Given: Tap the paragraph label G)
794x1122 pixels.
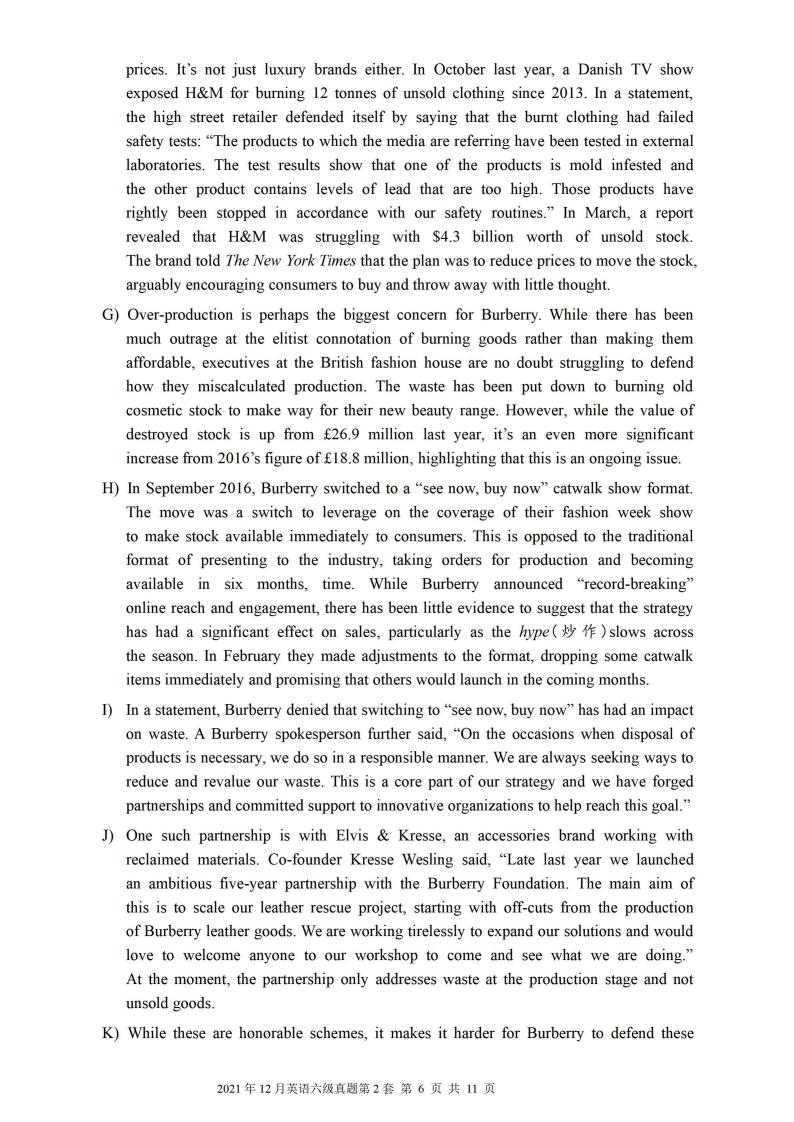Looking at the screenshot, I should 110,315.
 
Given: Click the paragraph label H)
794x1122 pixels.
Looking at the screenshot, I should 110,488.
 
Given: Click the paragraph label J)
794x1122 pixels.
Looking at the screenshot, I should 108,836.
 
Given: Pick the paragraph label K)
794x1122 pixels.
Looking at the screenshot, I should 110,1034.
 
